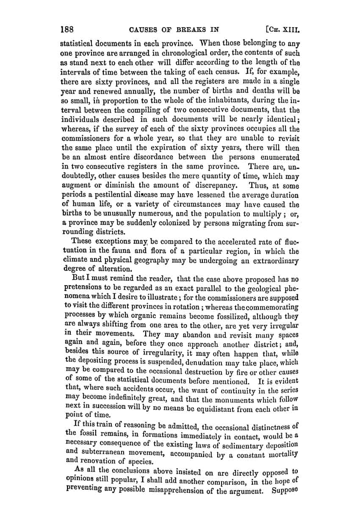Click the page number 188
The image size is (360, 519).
pyautogui.click(x=67, y=30)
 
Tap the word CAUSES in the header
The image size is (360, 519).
pyautogui.click(x=144, y=30)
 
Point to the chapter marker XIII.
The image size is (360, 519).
pyautogui.click(x=289, y=30)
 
